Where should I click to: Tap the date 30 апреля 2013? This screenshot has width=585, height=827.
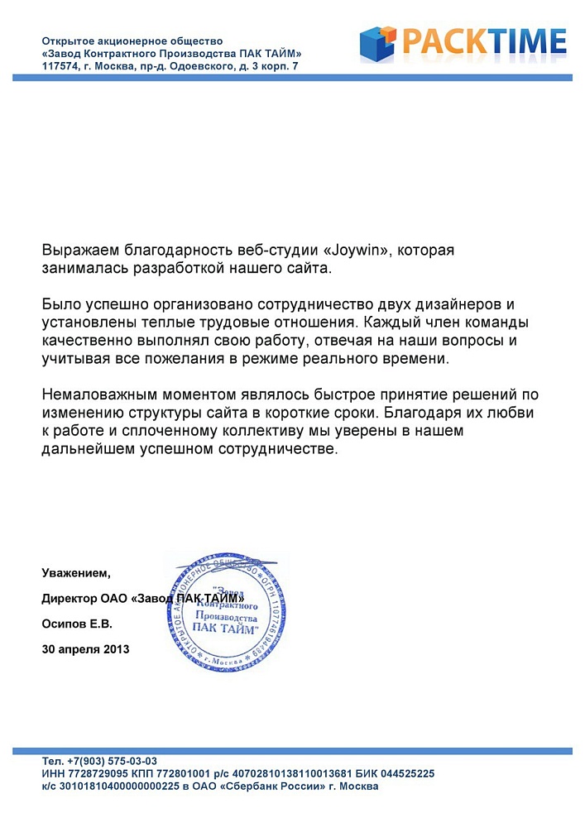point(85,649)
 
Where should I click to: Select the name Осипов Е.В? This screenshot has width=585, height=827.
point(76,624)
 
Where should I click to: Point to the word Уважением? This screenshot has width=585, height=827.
point(75,572)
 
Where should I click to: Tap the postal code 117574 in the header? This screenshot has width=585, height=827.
point(60,65)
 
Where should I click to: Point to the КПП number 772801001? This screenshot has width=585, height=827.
point(177,773)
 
